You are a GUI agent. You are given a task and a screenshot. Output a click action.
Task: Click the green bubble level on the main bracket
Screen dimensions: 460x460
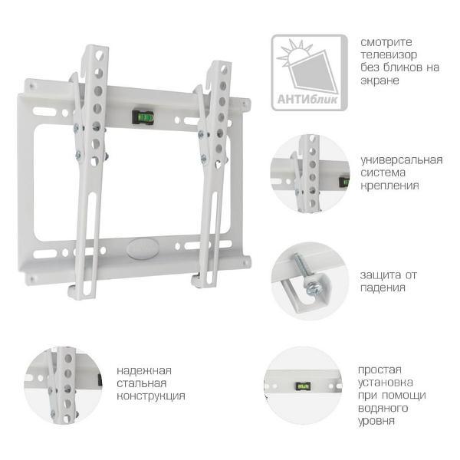pyautogui.click(x=143, y=117)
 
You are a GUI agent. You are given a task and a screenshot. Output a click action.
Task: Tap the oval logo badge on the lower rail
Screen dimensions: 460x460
pyautogui.click(x=143, y=248)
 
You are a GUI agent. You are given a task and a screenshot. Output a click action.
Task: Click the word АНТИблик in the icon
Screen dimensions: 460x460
pyautogui.click(x=307, y=100)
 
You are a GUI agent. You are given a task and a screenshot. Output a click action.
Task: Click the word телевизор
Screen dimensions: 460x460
pyautogui.click(x=389, y=54)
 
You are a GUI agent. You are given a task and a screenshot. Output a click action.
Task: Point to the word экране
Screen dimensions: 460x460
pyautogui.click(x=379, y=80)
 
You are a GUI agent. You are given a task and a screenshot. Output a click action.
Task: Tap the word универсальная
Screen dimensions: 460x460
pyautogui.click(x=401, y=160)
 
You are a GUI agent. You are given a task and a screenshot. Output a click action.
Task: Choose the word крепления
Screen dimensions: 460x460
pyautogui.click(x=389, y=186)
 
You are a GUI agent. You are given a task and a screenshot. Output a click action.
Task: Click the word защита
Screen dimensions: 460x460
pyautogui.click(x=380, y=275)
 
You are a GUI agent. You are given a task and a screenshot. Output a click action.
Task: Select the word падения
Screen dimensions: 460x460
pyautogui.click(x=383, y=287)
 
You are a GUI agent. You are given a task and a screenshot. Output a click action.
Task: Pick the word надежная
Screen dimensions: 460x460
pyautogui.click(x=144, y=371)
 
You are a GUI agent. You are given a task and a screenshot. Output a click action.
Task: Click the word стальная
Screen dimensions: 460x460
pyautogui.click(x=141, y=383)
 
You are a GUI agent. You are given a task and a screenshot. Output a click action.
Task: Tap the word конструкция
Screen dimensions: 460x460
pyautogui.click(x=151, y=396)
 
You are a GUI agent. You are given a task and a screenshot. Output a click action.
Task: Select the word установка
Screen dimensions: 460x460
pyautogui.click(x=385, y=383)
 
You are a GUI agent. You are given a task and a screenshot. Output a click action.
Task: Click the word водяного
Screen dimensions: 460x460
pyautogui.click(x=383, y=408)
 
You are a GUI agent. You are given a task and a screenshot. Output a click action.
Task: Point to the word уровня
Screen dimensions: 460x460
pyautogui.click(x=376, y=421)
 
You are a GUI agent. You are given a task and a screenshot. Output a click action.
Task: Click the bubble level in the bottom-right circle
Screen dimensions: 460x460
pyautogui.click(x=303, y=386)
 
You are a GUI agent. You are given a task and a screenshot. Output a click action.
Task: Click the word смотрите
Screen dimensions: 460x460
pyautogui.click(x=386, y=42)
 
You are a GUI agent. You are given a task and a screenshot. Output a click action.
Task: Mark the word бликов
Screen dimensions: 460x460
pyautogui.click(x=405, y=67)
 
